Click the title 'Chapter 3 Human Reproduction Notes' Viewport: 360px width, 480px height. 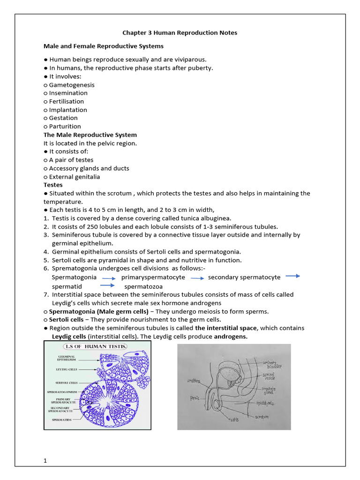[x=180, y=33]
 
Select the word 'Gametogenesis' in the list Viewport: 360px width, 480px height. [x=72, y=85]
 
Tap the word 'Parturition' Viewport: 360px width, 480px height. [x=65, y=126]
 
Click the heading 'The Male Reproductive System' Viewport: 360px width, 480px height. [x=90, y=135]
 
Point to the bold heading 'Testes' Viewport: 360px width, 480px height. [x=53, y=185]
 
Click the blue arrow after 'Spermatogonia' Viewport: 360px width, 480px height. [x=109, y=278]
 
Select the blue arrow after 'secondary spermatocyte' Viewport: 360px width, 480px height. [x=292, y=276]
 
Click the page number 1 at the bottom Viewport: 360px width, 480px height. [x=45, y=461]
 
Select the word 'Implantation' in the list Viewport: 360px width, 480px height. [x=68, y=110]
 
